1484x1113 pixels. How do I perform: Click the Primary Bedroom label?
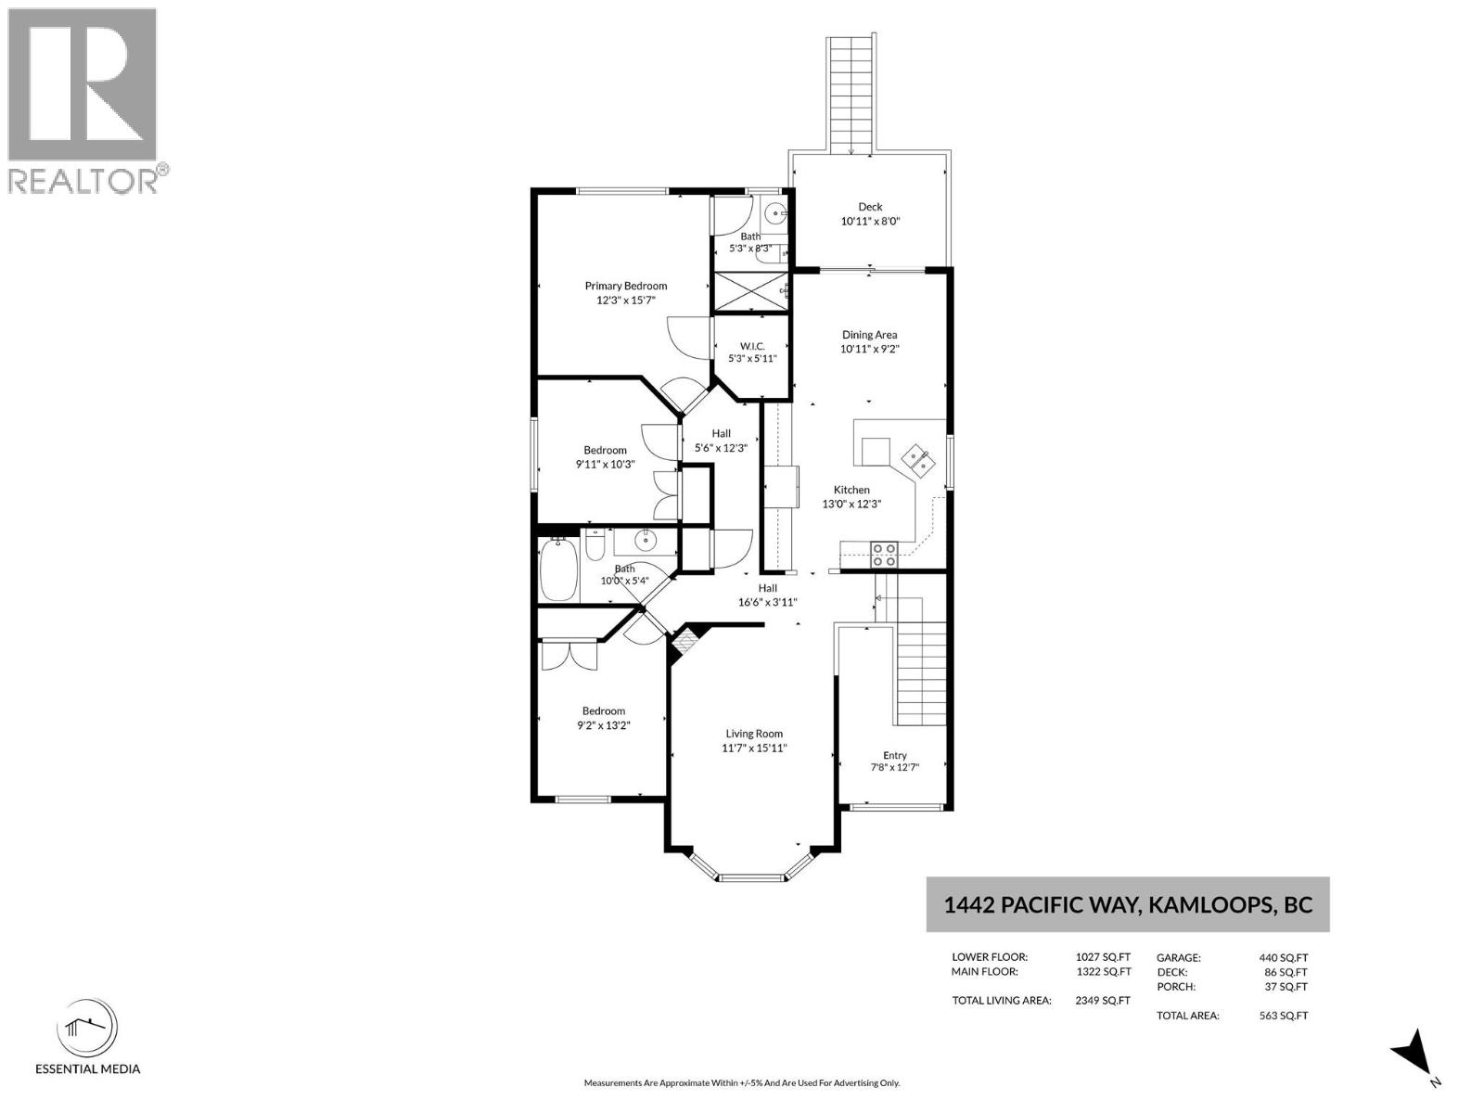tap(625, 286)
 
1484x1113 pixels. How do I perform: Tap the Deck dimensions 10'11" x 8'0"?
tap(870, 221)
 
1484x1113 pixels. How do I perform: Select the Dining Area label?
tap(869, 335)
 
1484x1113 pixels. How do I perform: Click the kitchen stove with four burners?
tap(884, 554)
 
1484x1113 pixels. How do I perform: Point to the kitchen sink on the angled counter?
tap(916, 460)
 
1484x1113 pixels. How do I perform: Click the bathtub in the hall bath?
tap(558, 569)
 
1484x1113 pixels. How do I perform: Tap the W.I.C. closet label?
tap(752, 346)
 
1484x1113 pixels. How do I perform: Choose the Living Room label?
tap(754, 734)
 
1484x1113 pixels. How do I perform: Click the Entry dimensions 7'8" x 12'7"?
tap(894, 767)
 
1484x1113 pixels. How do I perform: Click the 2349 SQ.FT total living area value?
tap(1103, 1000)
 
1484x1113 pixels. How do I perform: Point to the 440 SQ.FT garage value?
tap(1284, 957)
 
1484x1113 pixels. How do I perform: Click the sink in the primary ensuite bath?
tap(774, 213)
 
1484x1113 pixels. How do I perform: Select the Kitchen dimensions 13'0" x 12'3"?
tap(851, 504)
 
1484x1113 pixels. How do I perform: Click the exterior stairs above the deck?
tap(851, 95)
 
